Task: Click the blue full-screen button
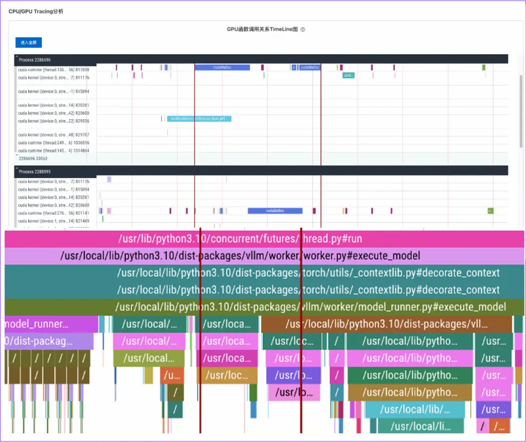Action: tap(28, 43)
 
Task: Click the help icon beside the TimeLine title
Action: tap(302, 29)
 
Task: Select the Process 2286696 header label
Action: tap(35, 60)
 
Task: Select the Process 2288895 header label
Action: tap(35, 172)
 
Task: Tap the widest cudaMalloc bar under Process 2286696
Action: tap(222, 68)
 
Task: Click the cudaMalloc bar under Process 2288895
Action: tap(275, 211)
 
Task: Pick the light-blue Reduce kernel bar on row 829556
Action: tap(199, 119)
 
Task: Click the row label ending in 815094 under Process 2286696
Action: tap(54, 92)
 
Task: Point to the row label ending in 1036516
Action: tap(54, 143)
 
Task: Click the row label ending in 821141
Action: tap(54, 213)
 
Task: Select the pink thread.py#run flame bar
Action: tap(263, 239)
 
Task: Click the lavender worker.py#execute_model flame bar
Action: tap(263, 256)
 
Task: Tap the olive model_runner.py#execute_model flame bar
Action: tap(263, 307)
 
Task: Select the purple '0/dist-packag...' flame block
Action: tap(49, 341)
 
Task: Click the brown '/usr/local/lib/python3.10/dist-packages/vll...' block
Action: tap(386, 324)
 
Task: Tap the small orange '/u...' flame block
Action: tap(172, 375)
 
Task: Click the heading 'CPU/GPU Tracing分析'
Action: tap(36, 12)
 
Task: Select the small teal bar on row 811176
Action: tap(348, 75)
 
